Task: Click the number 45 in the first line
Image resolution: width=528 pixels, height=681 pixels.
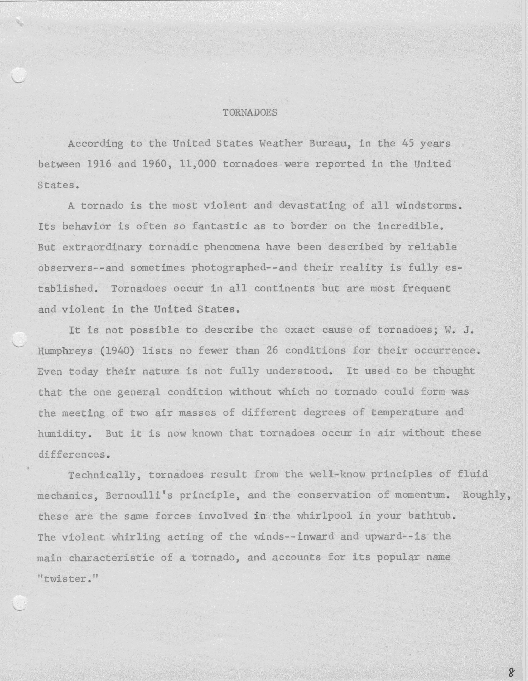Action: pos(408,144)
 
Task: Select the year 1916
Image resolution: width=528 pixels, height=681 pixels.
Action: pos(99,164)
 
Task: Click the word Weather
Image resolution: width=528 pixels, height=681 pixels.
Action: pos(281,144)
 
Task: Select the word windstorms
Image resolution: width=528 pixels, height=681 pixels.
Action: pos(428,206)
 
